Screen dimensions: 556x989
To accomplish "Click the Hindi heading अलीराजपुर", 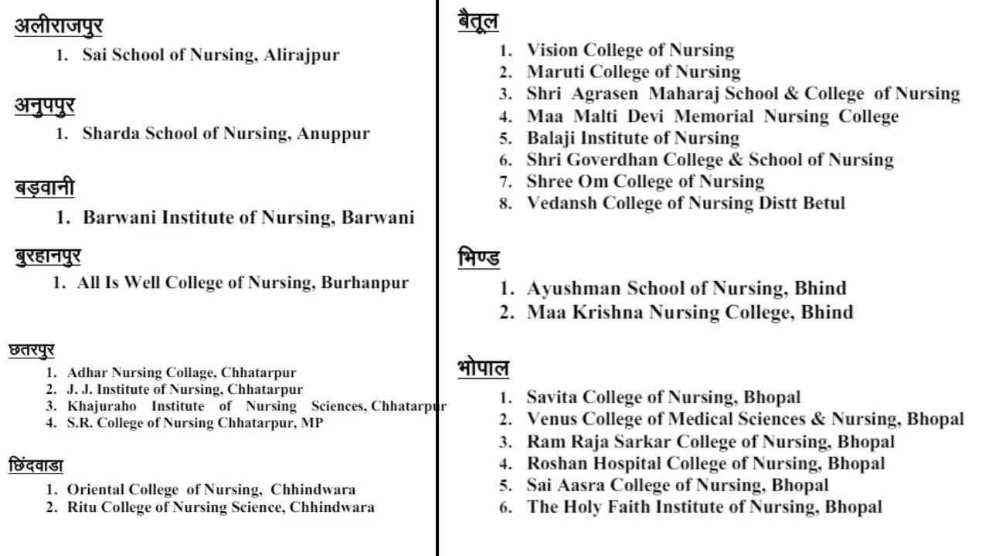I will click(x=58, y=26).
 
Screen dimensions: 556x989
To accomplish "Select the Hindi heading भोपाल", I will click(x=483, y=368).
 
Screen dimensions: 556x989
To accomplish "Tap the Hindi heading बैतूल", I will click(x=478, y=22).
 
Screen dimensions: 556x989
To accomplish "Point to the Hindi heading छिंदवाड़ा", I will click(x=36, y=466).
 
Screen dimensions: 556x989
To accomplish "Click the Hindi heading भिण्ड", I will click(x=478, y=258).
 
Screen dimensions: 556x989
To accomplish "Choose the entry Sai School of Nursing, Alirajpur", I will click(x=210, y=55).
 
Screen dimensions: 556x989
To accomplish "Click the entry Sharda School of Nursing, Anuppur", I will click(x=226, y=133).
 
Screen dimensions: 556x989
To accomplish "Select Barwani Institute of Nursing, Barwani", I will click(x=248, y=217).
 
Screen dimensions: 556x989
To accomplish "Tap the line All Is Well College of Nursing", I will click(x=242, y=283).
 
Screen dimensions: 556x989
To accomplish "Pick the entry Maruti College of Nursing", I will click(x=633, y=72).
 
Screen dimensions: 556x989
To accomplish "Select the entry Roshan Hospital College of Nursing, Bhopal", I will click(x=705, y=463).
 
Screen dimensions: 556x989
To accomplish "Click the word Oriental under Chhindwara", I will click(x=96, y=490).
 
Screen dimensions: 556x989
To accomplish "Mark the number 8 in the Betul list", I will click(x=505, y=204).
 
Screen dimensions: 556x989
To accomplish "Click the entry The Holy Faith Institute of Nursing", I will click(x=704, y=507).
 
